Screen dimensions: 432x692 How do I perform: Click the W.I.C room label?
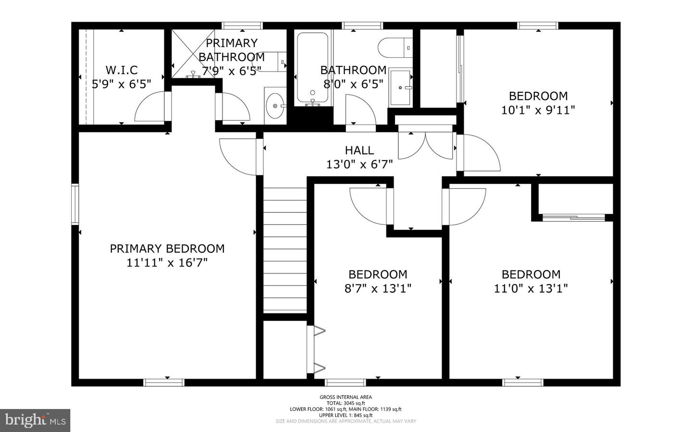coord(122,70)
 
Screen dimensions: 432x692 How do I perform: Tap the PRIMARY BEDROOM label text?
coord(167,248)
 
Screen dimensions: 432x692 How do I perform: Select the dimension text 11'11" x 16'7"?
coord(167,263)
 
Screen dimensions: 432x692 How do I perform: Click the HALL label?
coord(359,150)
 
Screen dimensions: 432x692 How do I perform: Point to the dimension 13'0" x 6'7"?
coord(359,164)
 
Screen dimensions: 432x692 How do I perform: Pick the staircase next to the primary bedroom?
coord(285,250)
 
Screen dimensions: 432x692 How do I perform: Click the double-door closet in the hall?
coord(425,144)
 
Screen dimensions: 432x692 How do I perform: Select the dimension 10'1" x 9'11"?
coord(538,110)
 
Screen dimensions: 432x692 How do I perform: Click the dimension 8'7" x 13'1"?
coord(378,288)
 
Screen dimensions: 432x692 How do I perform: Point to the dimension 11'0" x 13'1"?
coord(531,288)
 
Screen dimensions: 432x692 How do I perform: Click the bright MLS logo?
coord(35,420)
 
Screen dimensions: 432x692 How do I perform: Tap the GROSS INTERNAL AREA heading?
coord(346,397)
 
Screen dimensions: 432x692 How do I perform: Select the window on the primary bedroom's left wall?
coord(75,204)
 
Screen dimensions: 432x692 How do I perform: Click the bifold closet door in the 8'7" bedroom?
coord(316,349)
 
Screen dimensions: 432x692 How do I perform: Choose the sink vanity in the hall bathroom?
coord(400,87)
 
